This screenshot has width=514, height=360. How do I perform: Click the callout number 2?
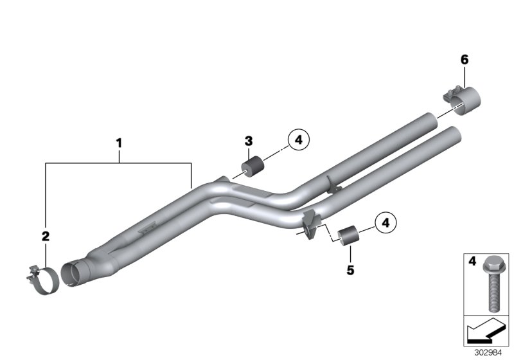point(46,237)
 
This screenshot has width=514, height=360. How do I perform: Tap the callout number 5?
point(350,271)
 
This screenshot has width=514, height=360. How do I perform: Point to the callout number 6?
point(464,60)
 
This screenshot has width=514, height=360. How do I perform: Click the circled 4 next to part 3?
point(299,138)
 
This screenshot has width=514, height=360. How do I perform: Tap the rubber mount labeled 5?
point(350,236)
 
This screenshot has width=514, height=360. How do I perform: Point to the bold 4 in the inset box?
point(471,262)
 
